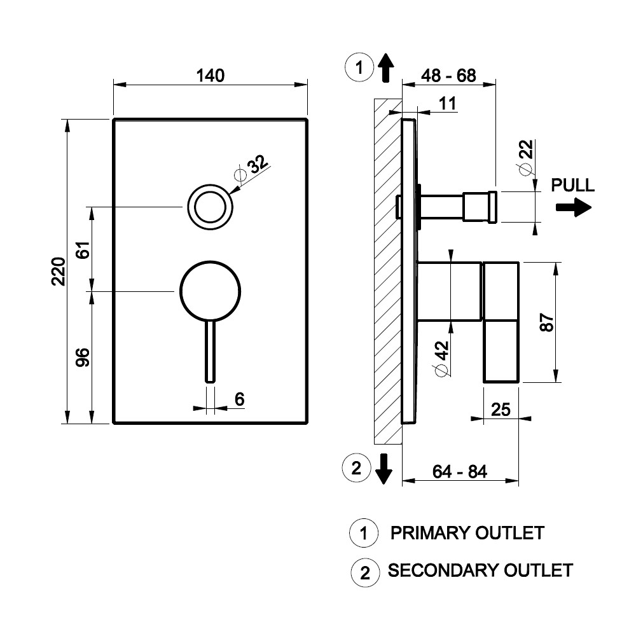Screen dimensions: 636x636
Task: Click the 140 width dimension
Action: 210,76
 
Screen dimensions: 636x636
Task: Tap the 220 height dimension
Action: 59,272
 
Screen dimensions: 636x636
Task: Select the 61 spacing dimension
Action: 83,250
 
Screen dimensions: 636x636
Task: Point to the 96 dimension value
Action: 83,357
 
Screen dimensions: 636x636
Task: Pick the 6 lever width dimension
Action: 240,399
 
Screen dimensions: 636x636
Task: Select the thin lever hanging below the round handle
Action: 210,351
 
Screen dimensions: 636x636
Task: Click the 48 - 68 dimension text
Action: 448,76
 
